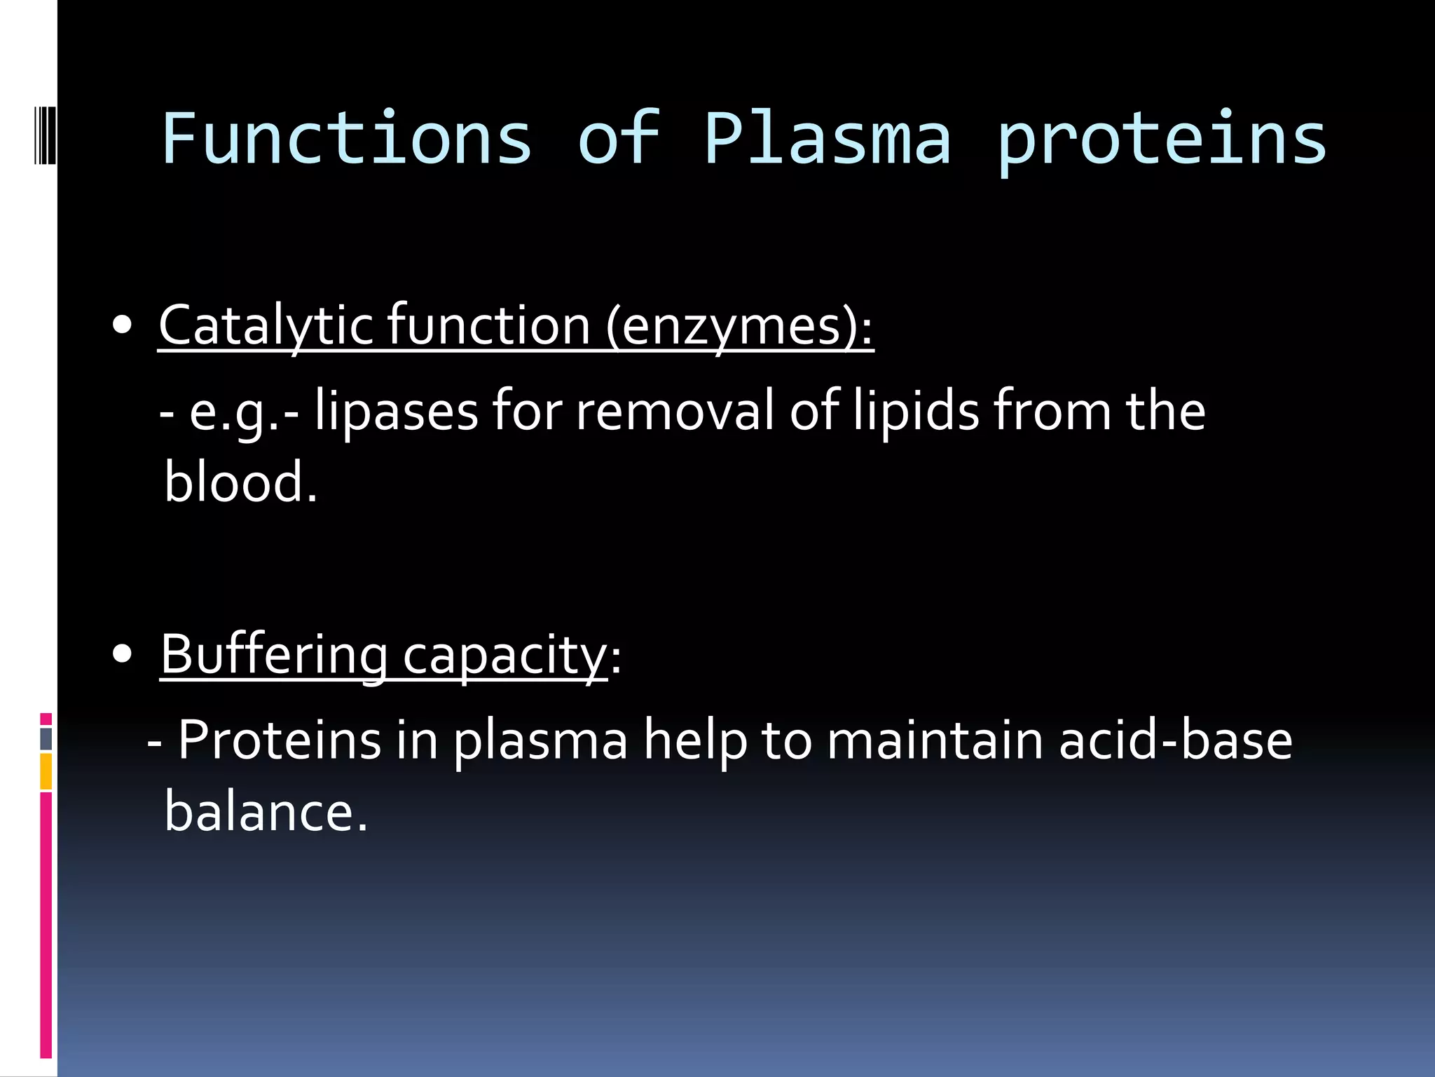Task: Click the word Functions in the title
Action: click(x=347, y=139)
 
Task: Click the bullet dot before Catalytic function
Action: click(x=123, y=326)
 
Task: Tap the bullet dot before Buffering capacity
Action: click(x=123, y=654)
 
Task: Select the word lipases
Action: click(x=397, y=412)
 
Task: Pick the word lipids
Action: click(x=916, y=412)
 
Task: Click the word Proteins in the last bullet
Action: click(x=279, y=740)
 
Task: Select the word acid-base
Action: click(x=1175, y=740)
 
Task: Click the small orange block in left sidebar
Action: click(x=46, y=771)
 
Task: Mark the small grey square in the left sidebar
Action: click(x=46, y=738)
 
